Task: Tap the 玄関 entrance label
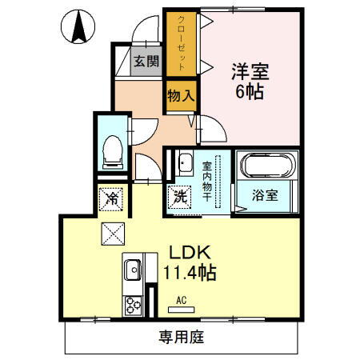click(145, 61)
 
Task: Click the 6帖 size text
click(250, 90)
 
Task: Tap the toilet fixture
click(112, 150)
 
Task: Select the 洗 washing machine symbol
click(180, 194)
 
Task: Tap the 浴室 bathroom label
click(266, 195)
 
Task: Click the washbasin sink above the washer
click(184, 162)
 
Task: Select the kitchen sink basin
click(132, 270)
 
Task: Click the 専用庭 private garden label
click(180, 337)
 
